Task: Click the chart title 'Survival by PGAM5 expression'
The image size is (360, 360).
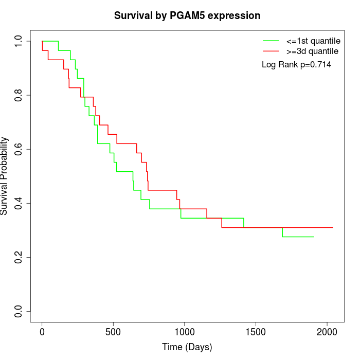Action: (x=187, y=15)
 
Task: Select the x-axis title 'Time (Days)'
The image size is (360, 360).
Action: (x=187, y=347)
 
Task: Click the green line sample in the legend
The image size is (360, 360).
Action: (x=271, y=41)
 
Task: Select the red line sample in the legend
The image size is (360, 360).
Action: (x=271, y=51)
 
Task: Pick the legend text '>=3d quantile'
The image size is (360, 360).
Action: (x=312, y=51)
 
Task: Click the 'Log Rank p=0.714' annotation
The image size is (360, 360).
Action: (x=296, y=65)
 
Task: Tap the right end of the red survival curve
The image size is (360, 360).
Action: (x=333, y=227)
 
